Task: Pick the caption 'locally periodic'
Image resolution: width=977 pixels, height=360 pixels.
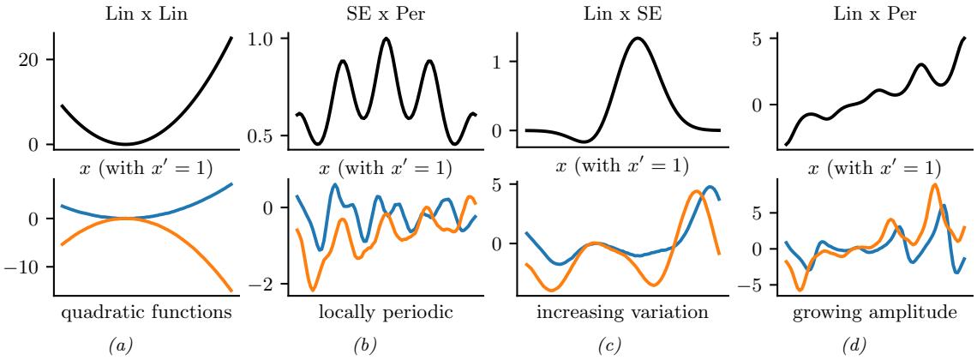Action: coord(386,312)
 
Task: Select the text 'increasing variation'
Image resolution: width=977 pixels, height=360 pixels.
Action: coord(623,312)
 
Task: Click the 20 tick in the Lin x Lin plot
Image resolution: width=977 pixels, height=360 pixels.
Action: coord(33,60)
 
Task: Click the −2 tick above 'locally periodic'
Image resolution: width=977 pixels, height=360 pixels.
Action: coord(276,284)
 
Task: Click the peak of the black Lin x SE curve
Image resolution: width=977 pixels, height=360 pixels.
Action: coord(636,38)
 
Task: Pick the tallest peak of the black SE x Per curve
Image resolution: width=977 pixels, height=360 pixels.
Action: coord(387,39)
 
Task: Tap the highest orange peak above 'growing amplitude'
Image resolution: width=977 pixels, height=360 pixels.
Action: coord(934,184)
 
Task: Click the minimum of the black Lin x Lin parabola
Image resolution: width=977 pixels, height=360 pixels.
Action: coord(124,144)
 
